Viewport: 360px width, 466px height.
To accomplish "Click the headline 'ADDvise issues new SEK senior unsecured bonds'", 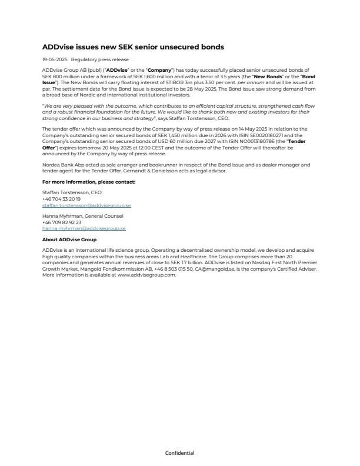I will click(x=133, y=46).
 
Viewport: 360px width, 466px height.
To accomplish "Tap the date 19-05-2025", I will click(x=55, y=59).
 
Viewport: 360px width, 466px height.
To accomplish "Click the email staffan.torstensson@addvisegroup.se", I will click(x=86, y=206).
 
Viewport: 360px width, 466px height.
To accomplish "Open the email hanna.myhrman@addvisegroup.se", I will click(x=84, y=228).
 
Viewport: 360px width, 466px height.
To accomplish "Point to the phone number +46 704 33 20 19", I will click(x=62, y=199).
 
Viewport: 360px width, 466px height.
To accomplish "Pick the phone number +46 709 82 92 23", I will click(x=62, y=222).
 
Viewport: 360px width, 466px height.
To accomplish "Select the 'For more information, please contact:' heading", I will click(x=89, y=182).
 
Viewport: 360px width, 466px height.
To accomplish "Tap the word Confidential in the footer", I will click(x=179, y=453).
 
